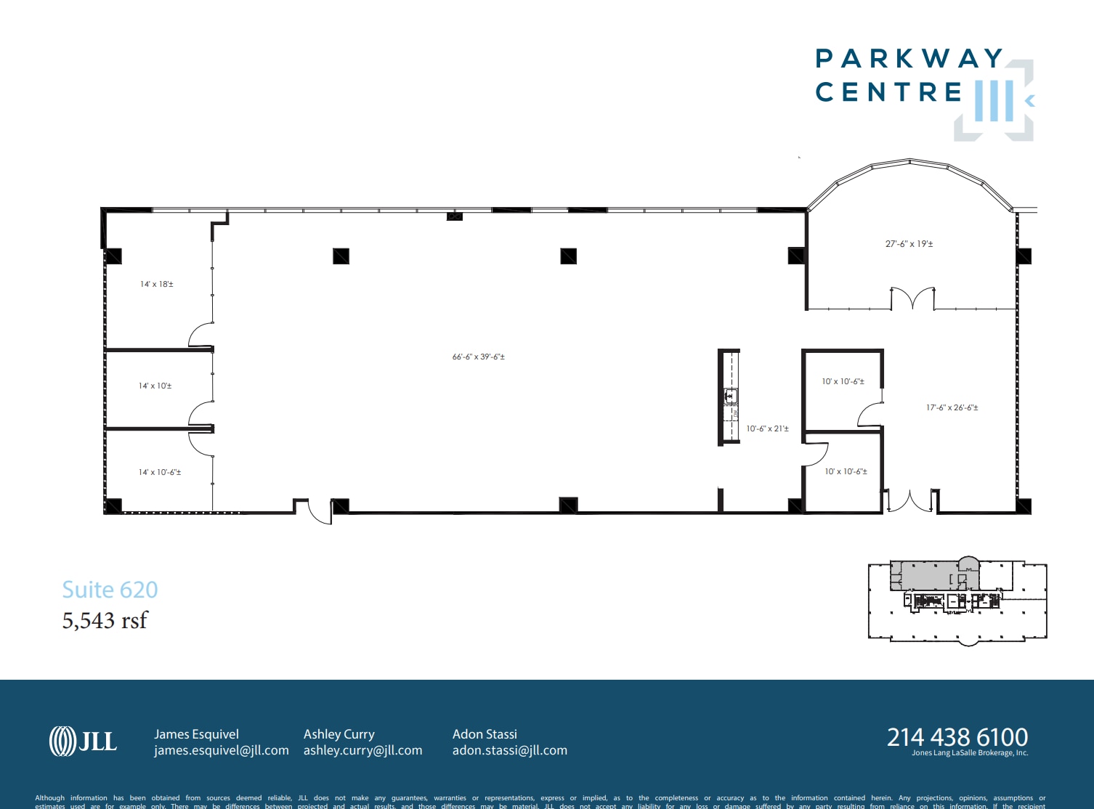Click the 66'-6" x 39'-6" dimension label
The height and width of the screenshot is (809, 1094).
(x=478, y=357)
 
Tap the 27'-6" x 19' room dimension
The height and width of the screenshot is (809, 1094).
(x=909, y=244)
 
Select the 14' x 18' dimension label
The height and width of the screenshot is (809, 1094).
(x=157, y=284)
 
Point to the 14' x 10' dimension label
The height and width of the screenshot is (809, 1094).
(x=155, y=386)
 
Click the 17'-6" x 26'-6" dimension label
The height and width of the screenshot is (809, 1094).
(x=952, y=407)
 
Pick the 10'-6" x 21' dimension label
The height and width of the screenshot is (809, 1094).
(x=767, y=428)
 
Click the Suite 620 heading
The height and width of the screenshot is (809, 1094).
(x=110, y=590)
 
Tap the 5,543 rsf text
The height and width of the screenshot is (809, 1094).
(x=105, y=620)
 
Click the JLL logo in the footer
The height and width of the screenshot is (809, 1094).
(x=83, y=741)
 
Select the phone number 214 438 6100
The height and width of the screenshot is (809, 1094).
(x=957, y=737)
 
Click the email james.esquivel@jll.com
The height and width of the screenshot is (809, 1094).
(x=221, y=750)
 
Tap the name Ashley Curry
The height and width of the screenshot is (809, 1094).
(x=339, y=734)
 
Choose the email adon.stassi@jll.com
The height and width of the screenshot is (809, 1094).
(x=509, y=750)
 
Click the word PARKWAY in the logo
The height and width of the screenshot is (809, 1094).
(x=909, y=59)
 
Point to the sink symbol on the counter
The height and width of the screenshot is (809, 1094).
(x=731, y=396)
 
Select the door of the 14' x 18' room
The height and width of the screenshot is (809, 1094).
(x=201, y=335)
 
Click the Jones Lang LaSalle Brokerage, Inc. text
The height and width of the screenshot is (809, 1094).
(x=970, y=753)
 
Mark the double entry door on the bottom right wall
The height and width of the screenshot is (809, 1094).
(x=909, y=500)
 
